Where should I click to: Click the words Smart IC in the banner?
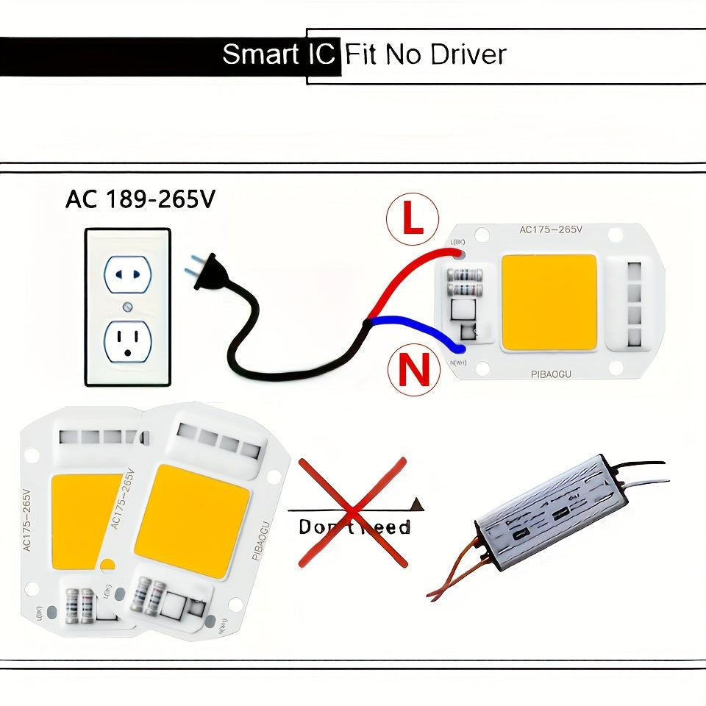[x=279, y=54]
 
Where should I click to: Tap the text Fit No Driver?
[x=426, y=54]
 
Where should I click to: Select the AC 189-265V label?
[x=140, y=199]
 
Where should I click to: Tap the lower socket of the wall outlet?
[x=128, y=342]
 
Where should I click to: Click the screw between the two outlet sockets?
[x=128, y=307]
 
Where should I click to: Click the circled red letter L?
[x=413, y=220]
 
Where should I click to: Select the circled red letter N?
[x=413, y=370]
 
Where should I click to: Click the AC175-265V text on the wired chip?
[x=551, y=229]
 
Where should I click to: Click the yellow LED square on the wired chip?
[x=549, y=302]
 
